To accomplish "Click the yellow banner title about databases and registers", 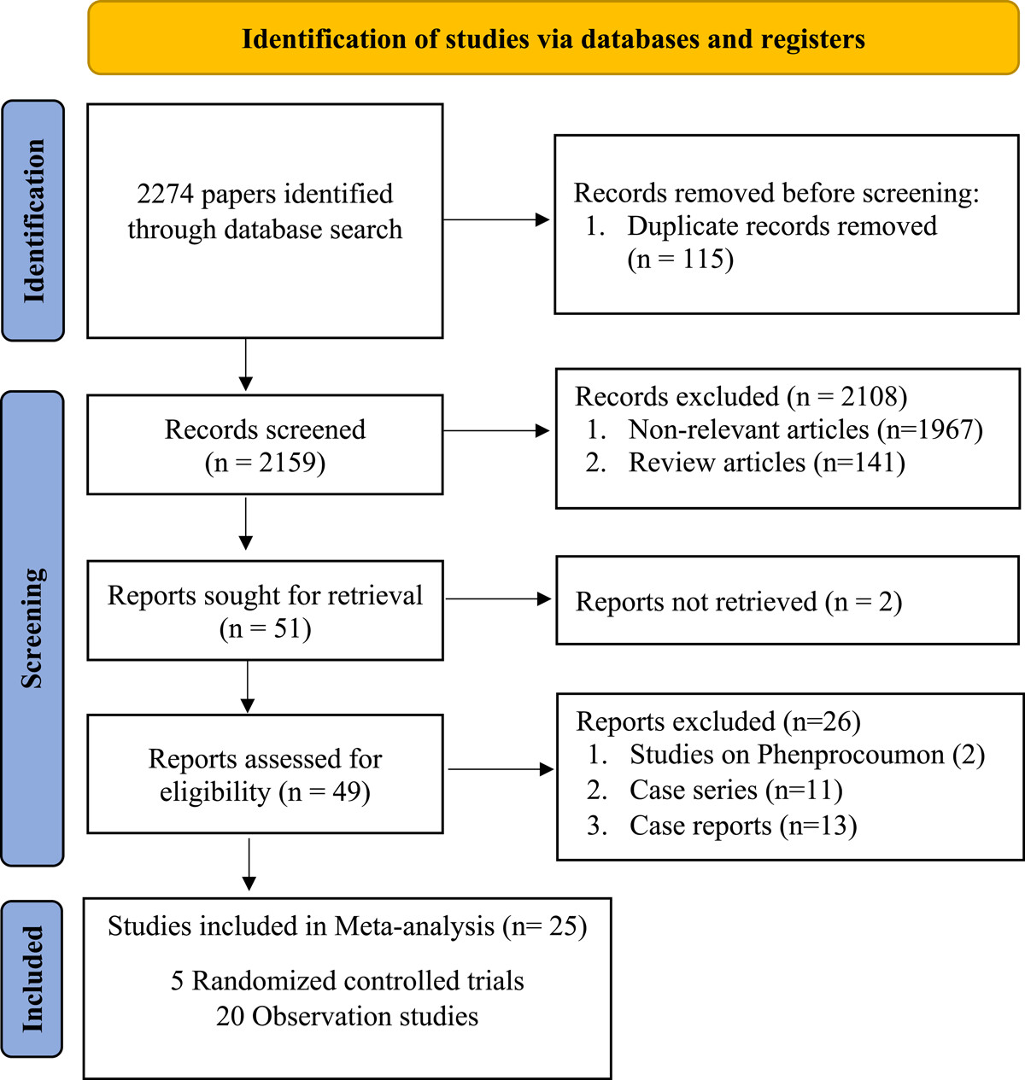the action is click(553, 39).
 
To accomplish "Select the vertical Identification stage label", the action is click(33, 221).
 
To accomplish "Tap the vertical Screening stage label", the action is click(33, 628).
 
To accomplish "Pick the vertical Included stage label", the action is click(32, 979).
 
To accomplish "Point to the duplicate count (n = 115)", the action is click(681, 259).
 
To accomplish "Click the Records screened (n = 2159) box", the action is click(265, 445).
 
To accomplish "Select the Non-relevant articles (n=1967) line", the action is click(785, 429).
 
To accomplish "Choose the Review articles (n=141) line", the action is click(745, 463).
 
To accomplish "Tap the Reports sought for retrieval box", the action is click(265, 610).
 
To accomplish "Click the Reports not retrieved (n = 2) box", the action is click(788, 600).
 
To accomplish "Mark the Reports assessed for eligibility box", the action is click(265, 774).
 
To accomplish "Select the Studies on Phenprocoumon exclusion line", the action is click(786, 755).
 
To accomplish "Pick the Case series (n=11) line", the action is click(714, 790).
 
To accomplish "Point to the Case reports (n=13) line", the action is click(722, 826).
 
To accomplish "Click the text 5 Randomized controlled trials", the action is click(348, 981).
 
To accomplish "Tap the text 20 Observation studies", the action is click(348, 1016).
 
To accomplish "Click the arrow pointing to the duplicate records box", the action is click(496, 219).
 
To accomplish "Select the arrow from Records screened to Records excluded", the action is click(496, 430).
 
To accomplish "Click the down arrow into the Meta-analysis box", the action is click(249, 864).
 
